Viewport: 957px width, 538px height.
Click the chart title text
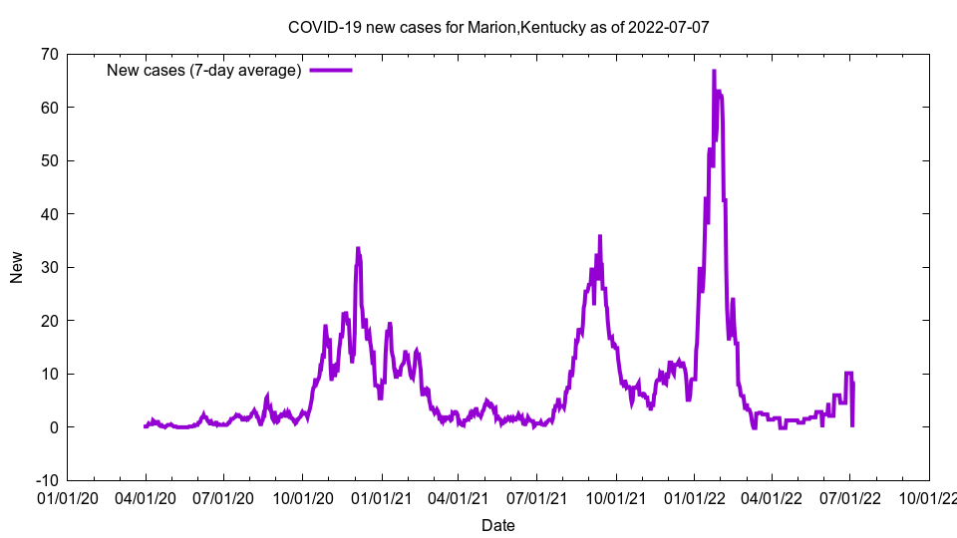tap(498, 27)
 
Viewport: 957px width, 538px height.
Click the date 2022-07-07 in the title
tap(669, 27)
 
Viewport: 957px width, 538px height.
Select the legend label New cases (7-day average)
tap(203, 70)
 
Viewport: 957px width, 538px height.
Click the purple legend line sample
tap(331, 70)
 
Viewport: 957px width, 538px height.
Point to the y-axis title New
tap(17, 267)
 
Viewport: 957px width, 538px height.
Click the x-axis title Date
tap(498, 525)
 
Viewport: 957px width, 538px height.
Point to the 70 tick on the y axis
tap(48, 54)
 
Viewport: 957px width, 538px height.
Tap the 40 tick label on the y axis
tap(48, 214)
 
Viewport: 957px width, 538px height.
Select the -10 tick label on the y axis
tap(45, 480)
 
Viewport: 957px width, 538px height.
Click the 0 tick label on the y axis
tap(53, 427)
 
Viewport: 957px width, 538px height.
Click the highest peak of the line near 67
tap(714, 71)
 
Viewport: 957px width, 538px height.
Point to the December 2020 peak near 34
tap(358, 248)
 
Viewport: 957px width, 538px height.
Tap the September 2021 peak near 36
tap(600, 236)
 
